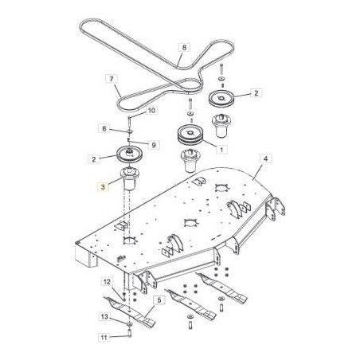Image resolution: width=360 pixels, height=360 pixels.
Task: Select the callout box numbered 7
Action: [112, 79]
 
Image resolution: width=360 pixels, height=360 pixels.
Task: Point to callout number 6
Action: [104, 129]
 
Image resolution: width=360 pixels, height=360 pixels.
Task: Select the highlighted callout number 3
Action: [102, 188]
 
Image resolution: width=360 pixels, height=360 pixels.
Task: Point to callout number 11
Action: [103, 338]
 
